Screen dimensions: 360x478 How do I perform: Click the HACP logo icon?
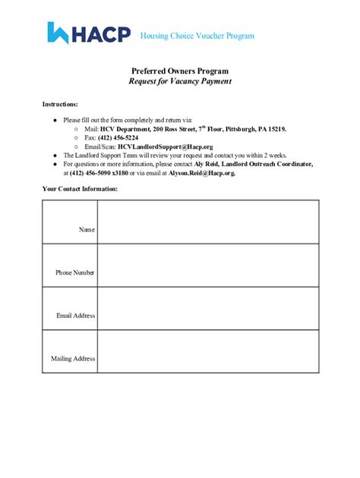[x=59, y=33]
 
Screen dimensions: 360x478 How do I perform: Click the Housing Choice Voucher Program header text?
[x=197, y=36]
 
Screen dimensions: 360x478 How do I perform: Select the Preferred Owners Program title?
[x=180, y=71]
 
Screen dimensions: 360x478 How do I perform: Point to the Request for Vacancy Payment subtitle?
[x=180, y=81]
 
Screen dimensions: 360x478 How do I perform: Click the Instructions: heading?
[x=60, y=103]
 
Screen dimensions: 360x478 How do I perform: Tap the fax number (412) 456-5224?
[x=118, y=137]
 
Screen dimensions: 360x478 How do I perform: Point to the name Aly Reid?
[x=207, y=164]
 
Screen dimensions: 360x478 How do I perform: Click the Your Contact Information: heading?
[x=80, y=188]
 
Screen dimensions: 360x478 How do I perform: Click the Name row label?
[x=87, y=228]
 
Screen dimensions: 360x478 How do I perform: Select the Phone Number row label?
[x=74, y=272]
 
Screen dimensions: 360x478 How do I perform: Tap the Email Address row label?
[x=75, y=315]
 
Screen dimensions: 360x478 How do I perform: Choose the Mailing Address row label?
[x=73, y=358]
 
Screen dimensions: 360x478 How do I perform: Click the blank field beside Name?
[x=207, y=222]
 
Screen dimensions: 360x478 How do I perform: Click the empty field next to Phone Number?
[x=207, y=266]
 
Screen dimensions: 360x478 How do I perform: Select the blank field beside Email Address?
[x=207, y=309]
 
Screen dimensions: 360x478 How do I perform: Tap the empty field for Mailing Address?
[x=207, y=352]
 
